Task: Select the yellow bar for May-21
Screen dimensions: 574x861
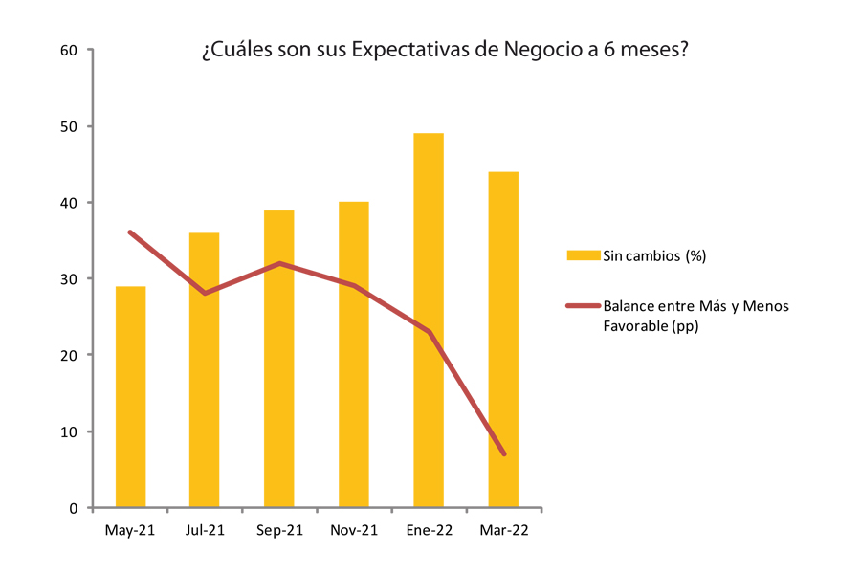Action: click(x=130, y=397)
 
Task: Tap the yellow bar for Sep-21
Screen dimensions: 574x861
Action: click(x=278, y=359)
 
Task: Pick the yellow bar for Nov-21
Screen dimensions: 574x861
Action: click(x=353, y=355)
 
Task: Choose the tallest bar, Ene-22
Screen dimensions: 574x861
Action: click(x=428, y=320)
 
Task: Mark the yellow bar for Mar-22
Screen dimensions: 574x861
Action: click(x=503, y=340)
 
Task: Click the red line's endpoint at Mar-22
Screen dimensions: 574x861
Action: click(x=503, y=453)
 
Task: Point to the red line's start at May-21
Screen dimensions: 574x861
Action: click(x=130, y=232)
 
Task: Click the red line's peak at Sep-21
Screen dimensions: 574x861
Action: click(x=278, y=263)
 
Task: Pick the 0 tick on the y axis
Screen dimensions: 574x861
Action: click(x=74, y=508)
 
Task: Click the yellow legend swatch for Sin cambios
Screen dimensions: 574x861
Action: click(x=582, y=255)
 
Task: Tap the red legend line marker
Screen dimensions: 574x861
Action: click(x=582, y=306)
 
